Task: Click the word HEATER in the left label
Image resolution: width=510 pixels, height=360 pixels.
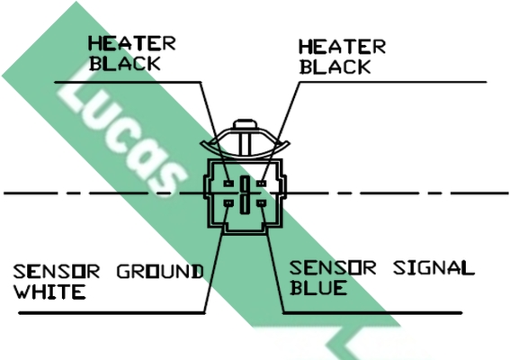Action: click(x=132, y=43)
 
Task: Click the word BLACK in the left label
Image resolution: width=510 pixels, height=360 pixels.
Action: click(x=125, y=64)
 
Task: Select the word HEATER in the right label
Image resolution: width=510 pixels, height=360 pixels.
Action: click(x=342, y=47)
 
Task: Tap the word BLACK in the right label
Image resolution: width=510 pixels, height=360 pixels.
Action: click(x=335, y=67)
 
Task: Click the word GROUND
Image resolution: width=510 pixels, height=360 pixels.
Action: click(x=160, y=272)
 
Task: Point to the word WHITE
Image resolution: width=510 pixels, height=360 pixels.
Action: click(x=49, y=292)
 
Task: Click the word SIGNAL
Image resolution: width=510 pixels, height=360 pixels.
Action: click(x=434, y=268)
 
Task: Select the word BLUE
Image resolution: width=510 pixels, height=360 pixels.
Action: click(x=318, y=288)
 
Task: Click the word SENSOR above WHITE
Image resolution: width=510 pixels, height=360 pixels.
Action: click(x=57, y=272)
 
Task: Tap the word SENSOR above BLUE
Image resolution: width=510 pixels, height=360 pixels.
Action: click(x=333, y=268)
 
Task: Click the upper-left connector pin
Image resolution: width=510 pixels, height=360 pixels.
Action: click(x=228, y=184)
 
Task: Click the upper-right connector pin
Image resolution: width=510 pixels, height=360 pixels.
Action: click(x=261, y=184)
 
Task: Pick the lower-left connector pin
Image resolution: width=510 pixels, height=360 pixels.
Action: click(x=228, y=203)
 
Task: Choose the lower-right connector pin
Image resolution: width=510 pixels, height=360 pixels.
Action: click(x=261, y=203)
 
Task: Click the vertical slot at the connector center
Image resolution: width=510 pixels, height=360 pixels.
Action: click(x=245, y=195)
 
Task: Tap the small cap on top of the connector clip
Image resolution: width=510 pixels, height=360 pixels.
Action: click(x=246, y=124)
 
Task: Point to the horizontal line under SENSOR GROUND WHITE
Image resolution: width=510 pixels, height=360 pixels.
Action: click(x=112, y=313)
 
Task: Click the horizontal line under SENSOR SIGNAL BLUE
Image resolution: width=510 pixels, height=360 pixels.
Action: click(x=372, y=313)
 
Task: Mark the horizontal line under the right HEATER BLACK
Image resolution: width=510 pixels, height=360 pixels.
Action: click(x=392, y=82)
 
